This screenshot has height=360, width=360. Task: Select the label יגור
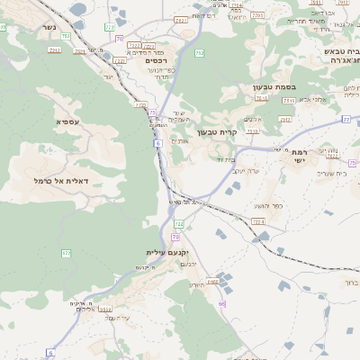pos(109,76)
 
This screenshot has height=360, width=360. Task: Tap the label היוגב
pos(197,284)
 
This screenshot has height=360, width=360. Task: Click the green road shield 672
pos(66,254)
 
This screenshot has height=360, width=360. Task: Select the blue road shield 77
pos(346,118)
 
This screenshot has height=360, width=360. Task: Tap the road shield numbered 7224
pos(259,220)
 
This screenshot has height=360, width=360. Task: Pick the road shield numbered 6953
pos(214,282)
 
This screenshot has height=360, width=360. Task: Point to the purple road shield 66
pos(221,303)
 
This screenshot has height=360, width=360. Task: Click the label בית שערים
pos(322,174)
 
